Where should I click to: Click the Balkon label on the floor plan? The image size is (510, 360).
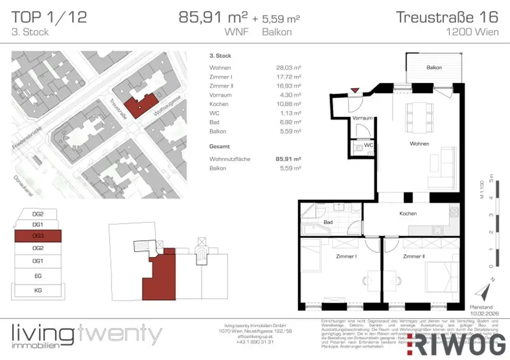pos(434,67)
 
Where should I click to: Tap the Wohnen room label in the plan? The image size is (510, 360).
pos(419,144)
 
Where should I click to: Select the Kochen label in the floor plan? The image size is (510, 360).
pos(408,214)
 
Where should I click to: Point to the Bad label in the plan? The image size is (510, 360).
pos(328,222)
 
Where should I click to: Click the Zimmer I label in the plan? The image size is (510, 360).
pos(345,256)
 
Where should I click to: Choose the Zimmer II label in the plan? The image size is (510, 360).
pos(414,256)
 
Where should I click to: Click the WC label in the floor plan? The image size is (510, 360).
pos(369,145)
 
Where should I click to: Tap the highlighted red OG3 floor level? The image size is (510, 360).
pos(38,236)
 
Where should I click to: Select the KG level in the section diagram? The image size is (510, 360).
pos(38,289)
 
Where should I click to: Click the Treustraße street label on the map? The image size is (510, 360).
pos(119,109)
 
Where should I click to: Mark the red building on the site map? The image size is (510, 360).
pos(140,102)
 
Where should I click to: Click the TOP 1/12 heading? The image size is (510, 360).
pos(49,17)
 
